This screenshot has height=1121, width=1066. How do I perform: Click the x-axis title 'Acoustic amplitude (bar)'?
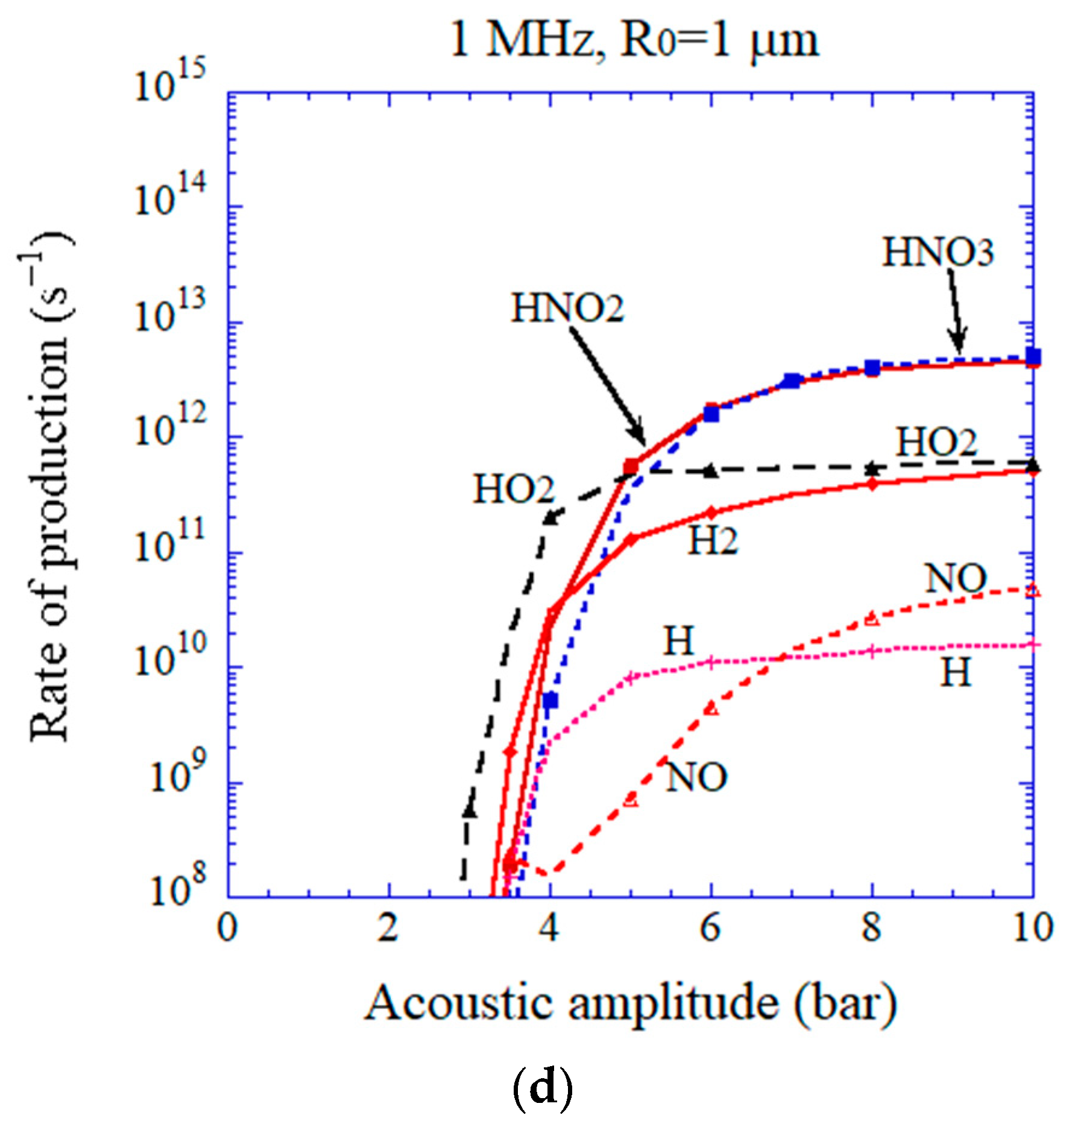631,1003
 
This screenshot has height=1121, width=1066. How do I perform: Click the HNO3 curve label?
938,253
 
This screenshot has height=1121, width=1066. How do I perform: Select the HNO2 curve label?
567,308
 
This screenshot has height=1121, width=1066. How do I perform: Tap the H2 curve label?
713,540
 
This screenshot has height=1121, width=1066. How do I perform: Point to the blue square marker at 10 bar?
1033,357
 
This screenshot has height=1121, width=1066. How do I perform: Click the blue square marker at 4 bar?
550,701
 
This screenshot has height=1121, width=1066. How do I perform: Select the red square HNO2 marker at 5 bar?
631,466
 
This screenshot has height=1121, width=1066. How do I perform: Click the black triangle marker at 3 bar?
470,811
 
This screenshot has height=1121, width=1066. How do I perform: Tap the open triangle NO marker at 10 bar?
1033,590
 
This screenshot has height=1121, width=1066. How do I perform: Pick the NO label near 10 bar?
956,579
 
